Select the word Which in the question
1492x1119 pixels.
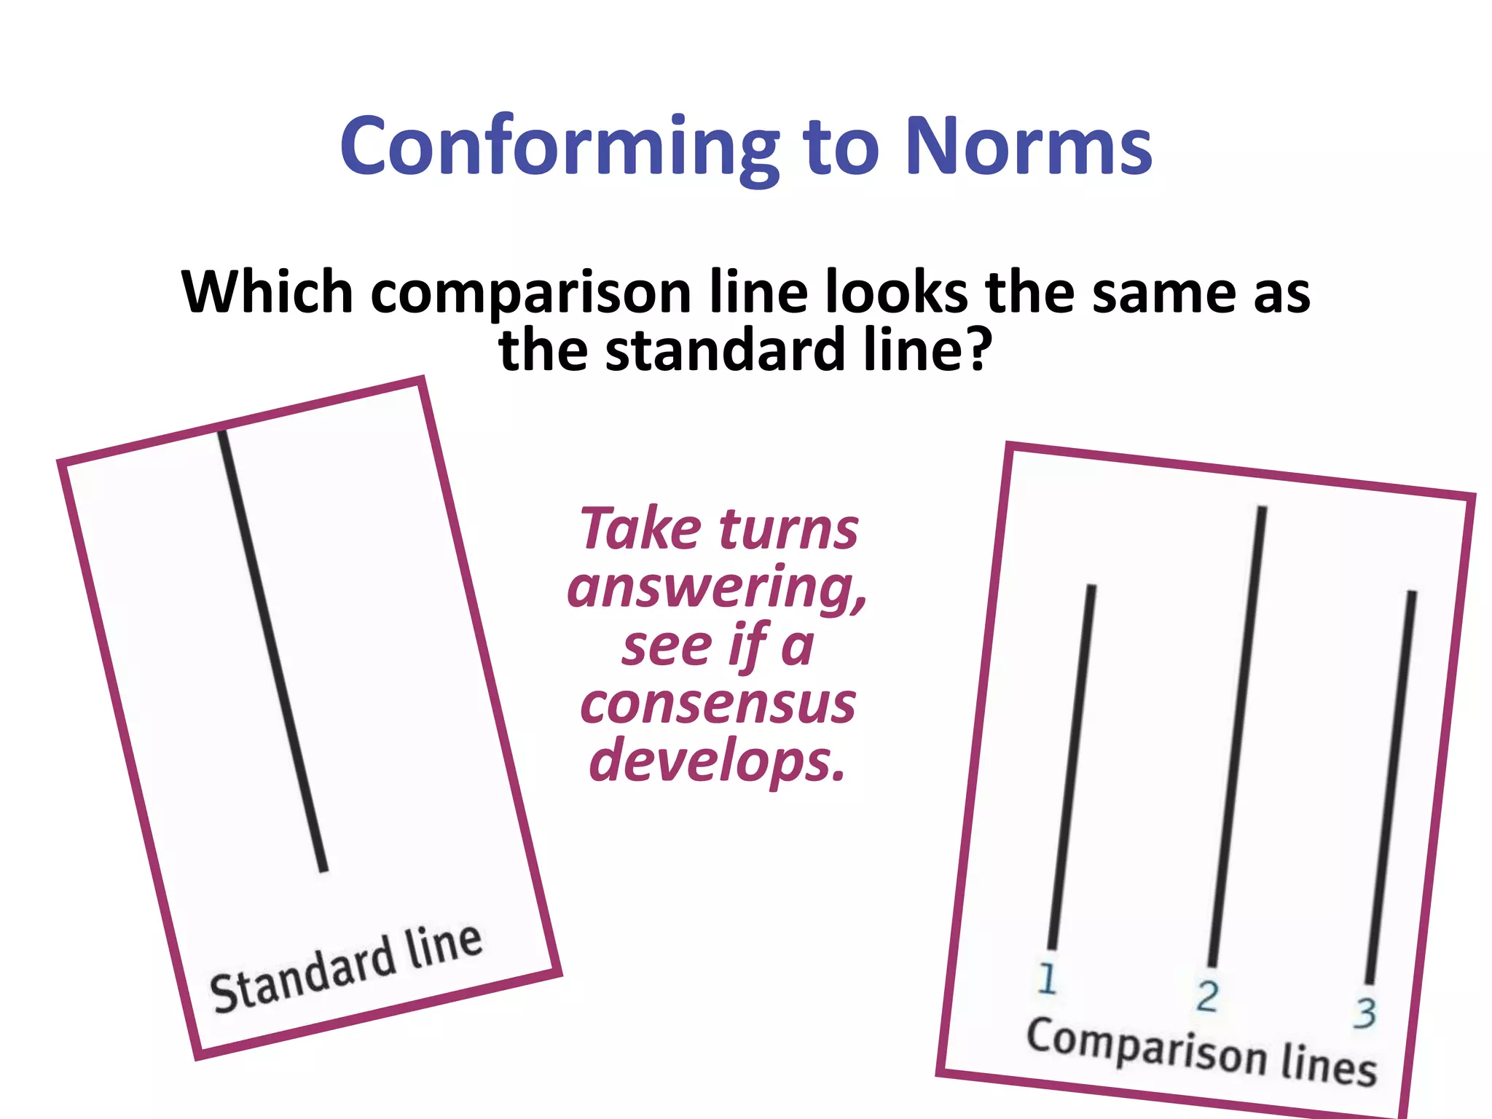point(267,291)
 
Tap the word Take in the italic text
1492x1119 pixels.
point(640,528)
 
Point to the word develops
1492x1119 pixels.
point(717,761)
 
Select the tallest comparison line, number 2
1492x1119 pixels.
point(1237,736)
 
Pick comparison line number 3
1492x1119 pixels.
point(1391,787)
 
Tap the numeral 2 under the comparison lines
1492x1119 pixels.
point(1207,996)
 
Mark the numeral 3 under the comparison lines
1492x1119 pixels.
point(1365,1013)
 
